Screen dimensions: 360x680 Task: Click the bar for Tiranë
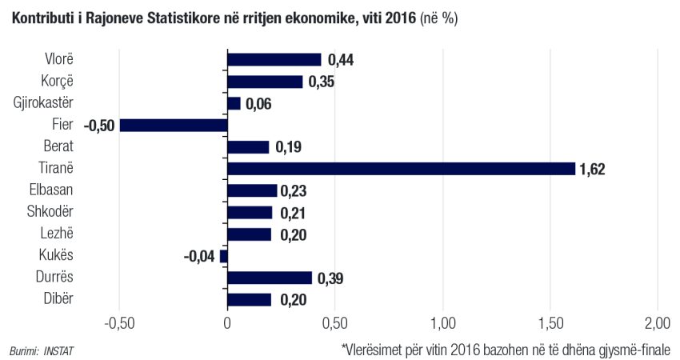(401, 168)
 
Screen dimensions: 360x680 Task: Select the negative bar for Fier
(174, 125)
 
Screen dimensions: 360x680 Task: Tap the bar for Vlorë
(274, 59)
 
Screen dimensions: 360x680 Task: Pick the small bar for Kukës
(223, 256)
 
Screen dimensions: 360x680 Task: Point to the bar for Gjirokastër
(234, 103)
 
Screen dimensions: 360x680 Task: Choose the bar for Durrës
(270, 278)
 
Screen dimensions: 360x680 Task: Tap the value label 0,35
(322, 82)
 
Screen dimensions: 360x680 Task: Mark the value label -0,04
(199, 256)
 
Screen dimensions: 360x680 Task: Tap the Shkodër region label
(52, 212)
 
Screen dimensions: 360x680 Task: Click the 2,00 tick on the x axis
(657, 324)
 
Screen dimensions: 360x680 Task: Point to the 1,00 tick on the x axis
(442, 324)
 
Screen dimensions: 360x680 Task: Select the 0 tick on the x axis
(227, 324)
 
